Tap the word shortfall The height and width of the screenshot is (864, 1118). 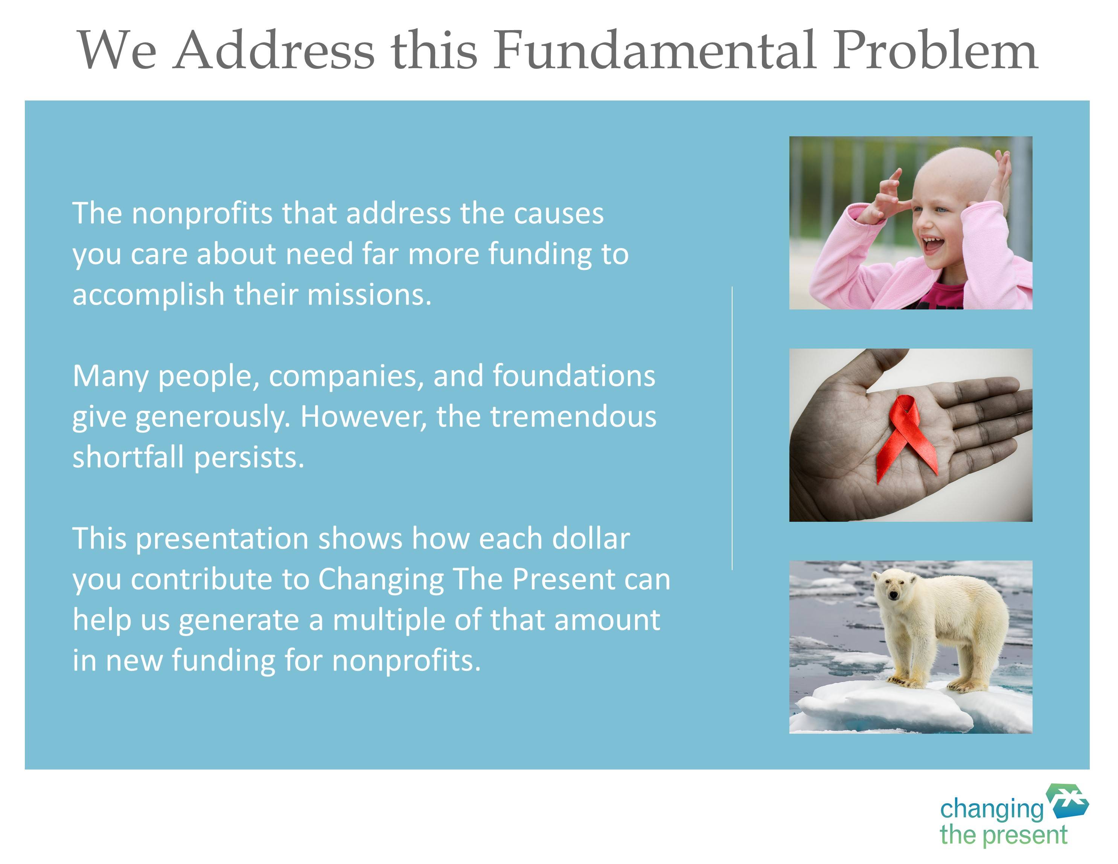point(128,457)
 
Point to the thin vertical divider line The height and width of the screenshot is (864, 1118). point(732,428)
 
